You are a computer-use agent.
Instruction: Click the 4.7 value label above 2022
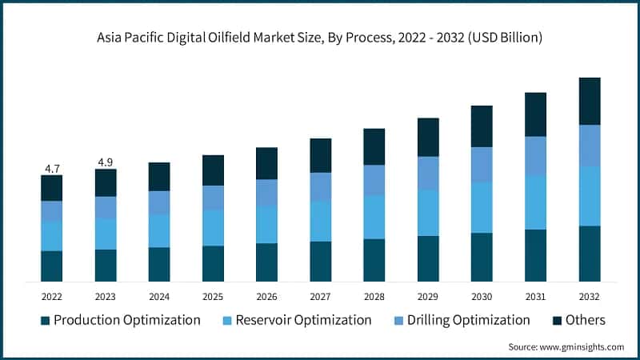(x=52, y=168)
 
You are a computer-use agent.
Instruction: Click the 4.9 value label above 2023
(x=106, y=162)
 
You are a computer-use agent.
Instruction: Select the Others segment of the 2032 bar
(x=590, y=101)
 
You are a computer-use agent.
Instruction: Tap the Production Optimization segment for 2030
(x=482, y=257)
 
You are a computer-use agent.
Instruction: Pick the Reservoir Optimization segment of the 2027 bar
(x=321, y=221)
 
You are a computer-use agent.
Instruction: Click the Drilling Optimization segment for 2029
(x=428, y=173)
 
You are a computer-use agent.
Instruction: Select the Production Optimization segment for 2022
(x=52, y=266)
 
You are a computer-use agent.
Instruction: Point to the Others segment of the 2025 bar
(x=213, y=170)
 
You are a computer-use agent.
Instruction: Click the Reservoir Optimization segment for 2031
(x=535, y=202)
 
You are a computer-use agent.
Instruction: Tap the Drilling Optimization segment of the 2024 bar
(x=159, y=202)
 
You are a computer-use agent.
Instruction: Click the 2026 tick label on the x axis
(x=266, y=296)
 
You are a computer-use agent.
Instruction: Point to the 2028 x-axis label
(x=374, y=296)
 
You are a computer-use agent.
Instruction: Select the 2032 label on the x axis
(x=590, y=296)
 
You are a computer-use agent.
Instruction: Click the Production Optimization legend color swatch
(x=46, y=321)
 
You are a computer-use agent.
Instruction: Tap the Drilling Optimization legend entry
(x=468, y=320)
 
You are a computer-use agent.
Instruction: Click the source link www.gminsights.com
(x=581, y=346)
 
